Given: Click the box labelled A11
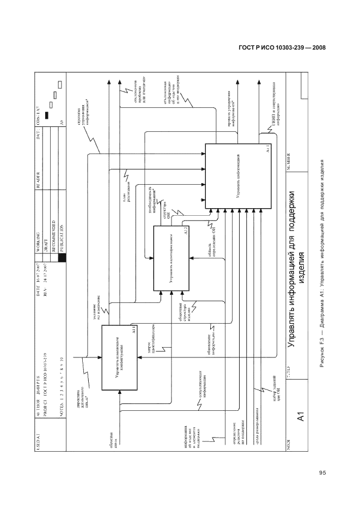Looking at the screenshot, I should click(x=119, y=357).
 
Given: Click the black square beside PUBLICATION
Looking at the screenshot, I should click(x=62, y=259).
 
